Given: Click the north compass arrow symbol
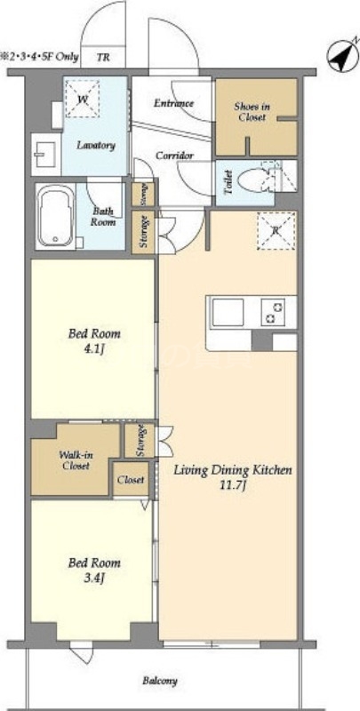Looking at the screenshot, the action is [342, 57].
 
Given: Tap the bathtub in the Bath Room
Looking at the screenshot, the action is [55, 216].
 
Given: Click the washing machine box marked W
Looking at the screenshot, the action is [82, 99].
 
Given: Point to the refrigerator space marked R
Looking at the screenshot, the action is [276, 230].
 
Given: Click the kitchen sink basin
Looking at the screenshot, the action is [228, 312].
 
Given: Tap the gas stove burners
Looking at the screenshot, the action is [273, 312].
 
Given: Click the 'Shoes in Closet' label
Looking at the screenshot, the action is [252, 112].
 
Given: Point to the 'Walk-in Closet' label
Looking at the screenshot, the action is [76, 460].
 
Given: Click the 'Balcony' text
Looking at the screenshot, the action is [160, 680].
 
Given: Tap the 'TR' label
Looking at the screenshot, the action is [103, 58].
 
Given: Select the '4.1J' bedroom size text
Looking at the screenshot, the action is [94, 350].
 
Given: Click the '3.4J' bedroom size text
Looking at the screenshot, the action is [94, 579].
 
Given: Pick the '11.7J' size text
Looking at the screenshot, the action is [233, 486].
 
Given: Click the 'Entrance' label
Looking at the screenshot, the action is [173, 103].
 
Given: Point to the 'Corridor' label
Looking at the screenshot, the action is [175, 156].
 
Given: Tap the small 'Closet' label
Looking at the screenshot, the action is [131, 479].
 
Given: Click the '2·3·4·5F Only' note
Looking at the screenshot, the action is [40, 58].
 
